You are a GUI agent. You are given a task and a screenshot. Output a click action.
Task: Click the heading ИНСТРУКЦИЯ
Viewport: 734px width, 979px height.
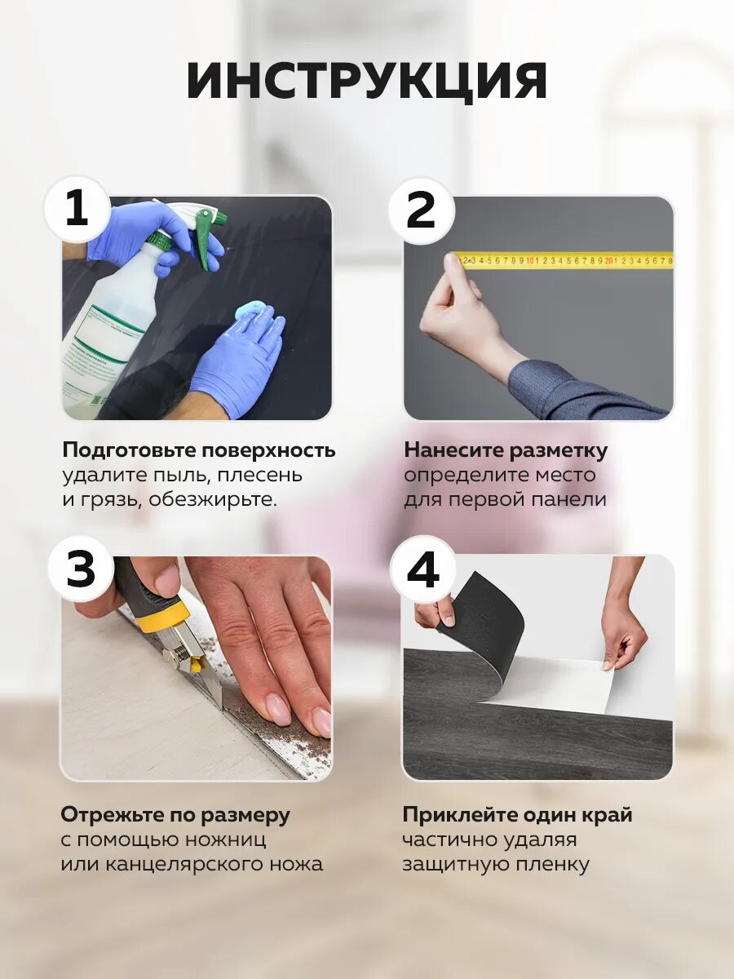click(x=366, y=82)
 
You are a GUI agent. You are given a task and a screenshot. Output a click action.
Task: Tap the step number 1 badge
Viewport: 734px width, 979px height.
click(x=77, y=209)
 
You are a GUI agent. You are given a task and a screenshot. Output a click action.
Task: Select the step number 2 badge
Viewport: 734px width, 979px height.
click(x=421, y=211)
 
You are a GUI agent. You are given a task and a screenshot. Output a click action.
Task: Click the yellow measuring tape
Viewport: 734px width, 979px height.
click(x=564, y=260)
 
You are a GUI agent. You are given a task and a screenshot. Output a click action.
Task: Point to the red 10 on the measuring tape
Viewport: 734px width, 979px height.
click(x=530, y=261)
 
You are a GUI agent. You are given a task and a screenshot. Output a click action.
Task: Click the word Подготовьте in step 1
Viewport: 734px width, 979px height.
click(x=128, y=450)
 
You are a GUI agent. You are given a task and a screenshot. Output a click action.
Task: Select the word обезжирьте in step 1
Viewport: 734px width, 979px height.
click(x=213, y=499)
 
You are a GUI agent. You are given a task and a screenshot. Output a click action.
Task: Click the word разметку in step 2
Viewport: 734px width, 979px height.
click(x=559, y=450)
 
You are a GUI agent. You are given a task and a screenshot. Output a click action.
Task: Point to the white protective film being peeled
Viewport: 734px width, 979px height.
click(x=553, y=687)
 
